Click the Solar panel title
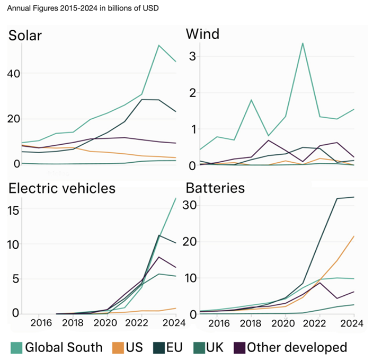click(x=25, y=36)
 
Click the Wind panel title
click(x=202, y=36)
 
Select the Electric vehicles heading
click(x=63, y=188)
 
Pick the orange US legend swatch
click(x=119, y=348)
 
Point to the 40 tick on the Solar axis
click(x=13, y=74)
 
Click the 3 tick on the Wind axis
click(x=192, y=56)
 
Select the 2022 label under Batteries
click(x=318, y=323)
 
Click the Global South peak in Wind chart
click(x=303, y=43)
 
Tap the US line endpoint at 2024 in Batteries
click(x=354, y=236)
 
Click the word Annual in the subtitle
click(x=19, y=9)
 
